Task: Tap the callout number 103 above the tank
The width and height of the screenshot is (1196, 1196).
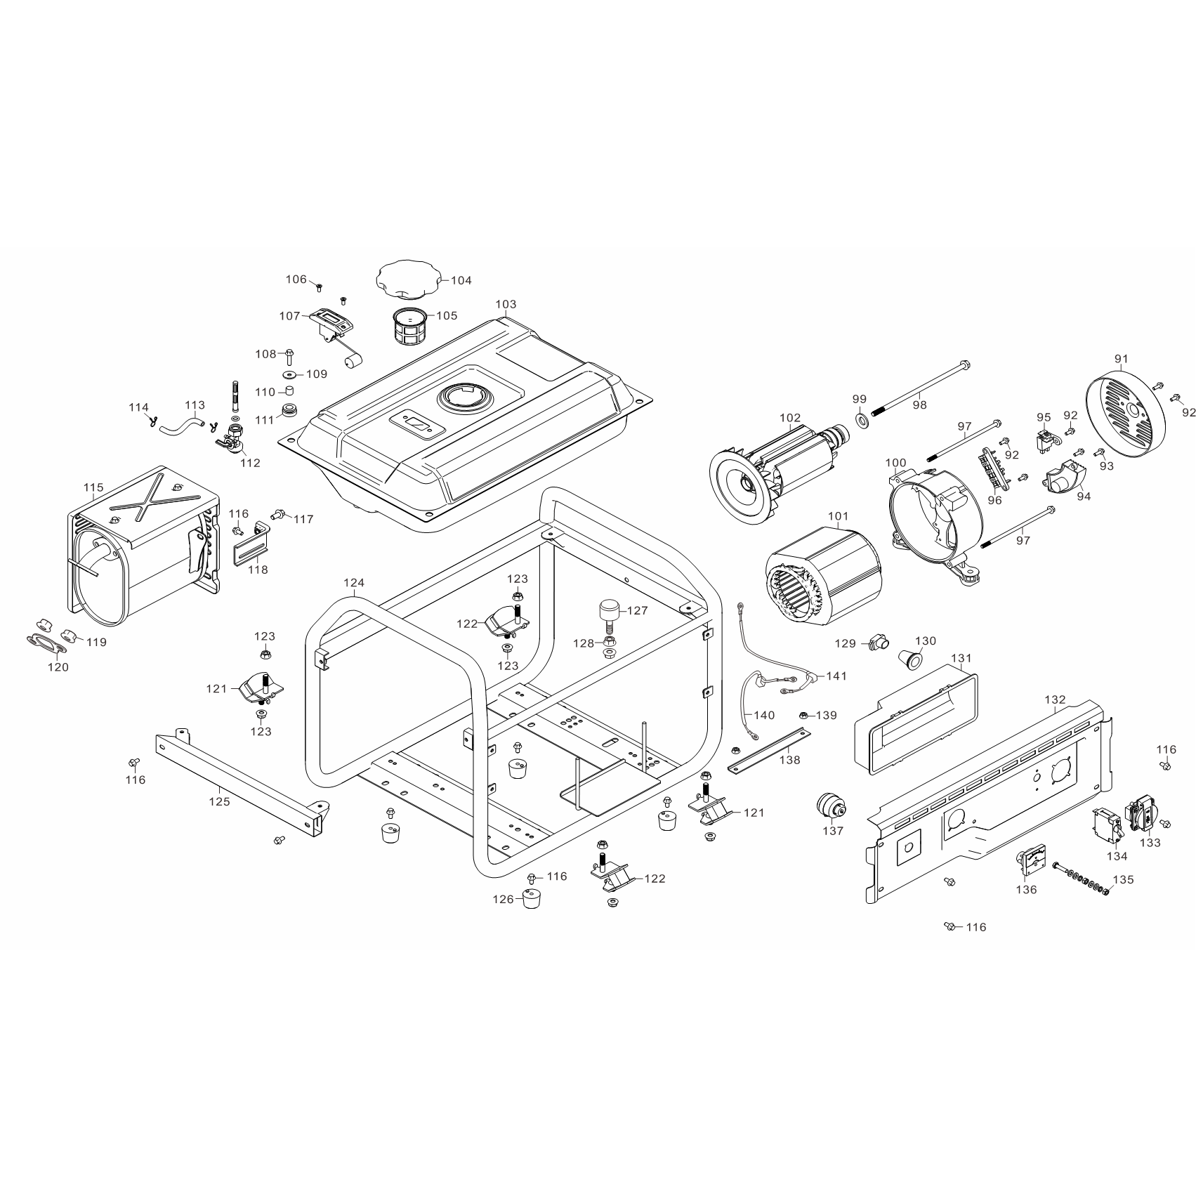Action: pyautogui.click(x=506, y=304)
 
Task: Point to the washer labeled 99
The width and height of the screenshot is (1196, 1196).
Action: pyautogui.click(x=860, y=420)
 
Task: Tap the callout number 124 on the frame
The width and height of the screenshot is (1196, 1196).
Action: pyautogui.click(x=354, y=582)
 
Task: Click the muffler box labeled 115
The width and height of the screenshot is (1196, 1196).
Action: pyautogui.click(x=144, y=548)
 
